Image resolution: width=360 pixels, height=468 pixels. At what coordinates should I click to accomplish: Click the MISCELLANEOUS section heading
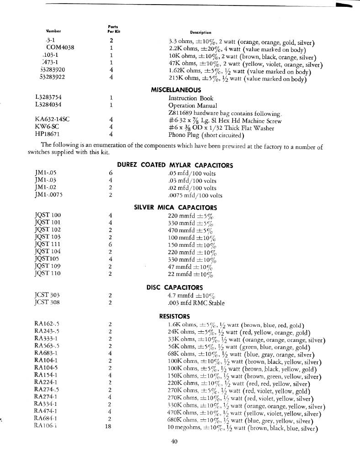175,90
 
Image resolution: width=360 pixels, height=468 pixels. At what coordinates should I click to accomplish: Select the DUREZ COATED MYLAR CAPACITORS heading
175,165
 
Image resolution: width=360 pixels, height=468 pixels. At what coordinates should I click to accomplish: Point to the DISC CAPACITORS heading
175,287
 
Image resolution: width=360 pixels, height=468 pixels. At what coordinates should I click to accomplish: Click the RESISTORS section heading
175,316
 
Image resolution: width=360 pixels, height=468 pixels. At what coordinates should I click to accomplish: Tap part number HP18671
48,135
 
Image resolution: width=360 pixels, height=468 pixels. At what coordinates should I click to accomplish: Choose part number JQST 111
48,244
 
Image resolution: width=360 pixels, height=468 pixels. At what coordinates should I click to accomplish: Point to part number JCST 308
47,302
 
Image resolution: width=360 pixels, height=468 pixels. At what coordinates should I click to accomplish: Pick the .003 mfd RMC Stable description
196,302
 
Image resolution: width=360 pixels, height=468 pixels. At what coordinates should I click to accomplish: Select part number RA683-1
46,353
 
